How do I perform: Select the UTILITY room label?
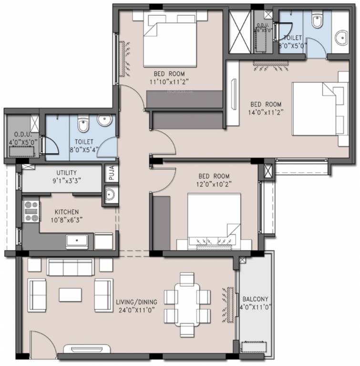[x=66, y=173]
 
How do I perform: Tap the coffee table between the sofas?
[x=70, y=294]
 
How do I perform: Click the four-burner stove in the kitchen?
[x=31, y=212]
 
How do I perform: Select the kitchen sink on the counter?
[x=77, y=241]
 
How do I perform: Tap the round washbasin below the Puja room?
[x=110, y=194]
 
